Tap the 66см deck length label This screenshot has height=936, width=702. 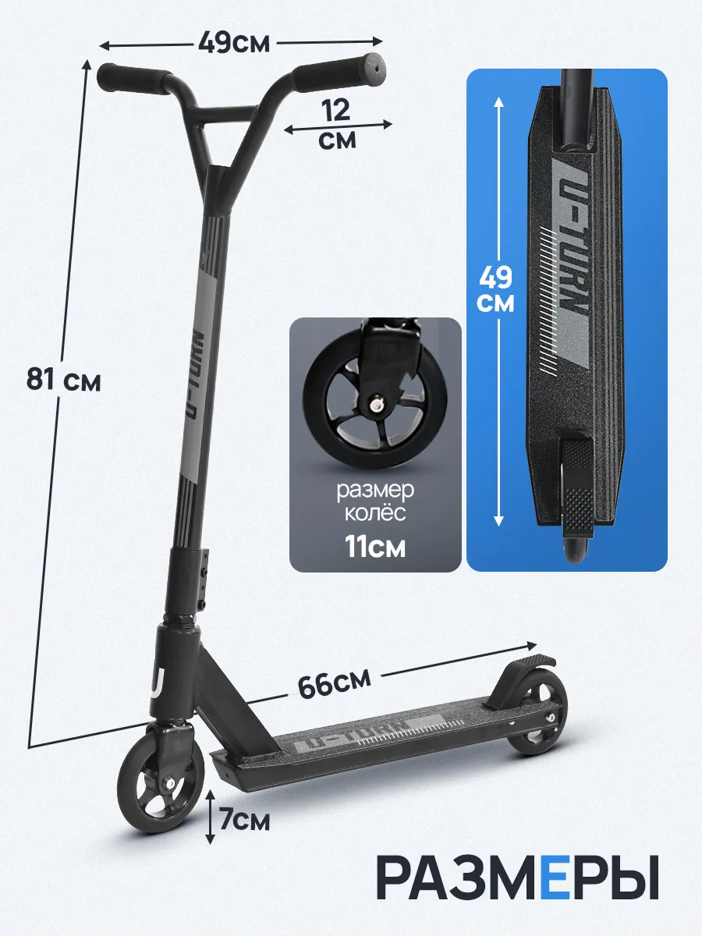click(x=334, y=684)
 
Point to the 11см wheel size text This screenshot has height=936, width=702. click(x=375, y=546)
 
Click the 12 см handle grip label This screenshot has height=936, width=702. click(x=337, y=125)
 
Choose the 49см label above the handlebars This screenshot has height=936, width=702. click(x=234, y=43)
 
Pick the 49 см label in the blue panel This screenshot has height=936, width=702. click(x=496, y=290)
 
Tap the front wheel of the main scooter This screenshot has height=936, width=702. click(x=161, y=785)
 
